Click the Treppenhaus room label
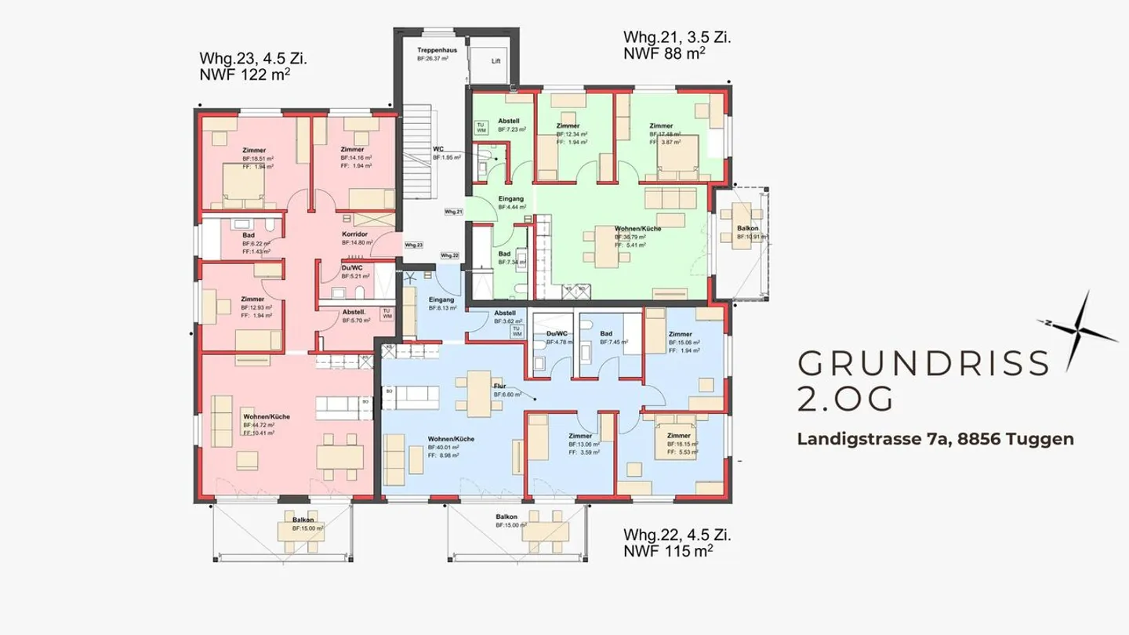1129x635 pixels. (x=432, y=49)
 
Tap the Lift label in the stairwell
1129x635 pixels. (x=496, y=60)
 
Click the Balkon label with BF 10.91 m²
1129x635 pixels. (x=747, y=229)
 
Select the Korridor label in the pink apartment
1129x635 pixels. (x=355, y=234)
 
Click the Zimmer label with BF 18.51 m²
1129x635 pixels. (x=254, y=150)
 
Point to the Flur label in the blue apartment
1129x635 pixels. (x=499, y=386)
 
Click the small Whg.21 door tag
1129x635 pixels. (x=453, y=212)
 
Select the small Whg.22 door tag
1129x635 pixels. (x=449, y=256)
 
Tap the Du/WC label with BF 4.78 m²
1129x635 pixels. (x=556, y=333)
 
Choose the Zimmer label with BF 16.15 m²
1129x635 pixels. (x=678, y=435)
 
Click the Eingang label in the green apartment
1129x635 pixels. (x=510, y=199)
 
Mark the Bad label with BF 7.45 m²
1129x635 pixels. (x=606, y=333)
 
